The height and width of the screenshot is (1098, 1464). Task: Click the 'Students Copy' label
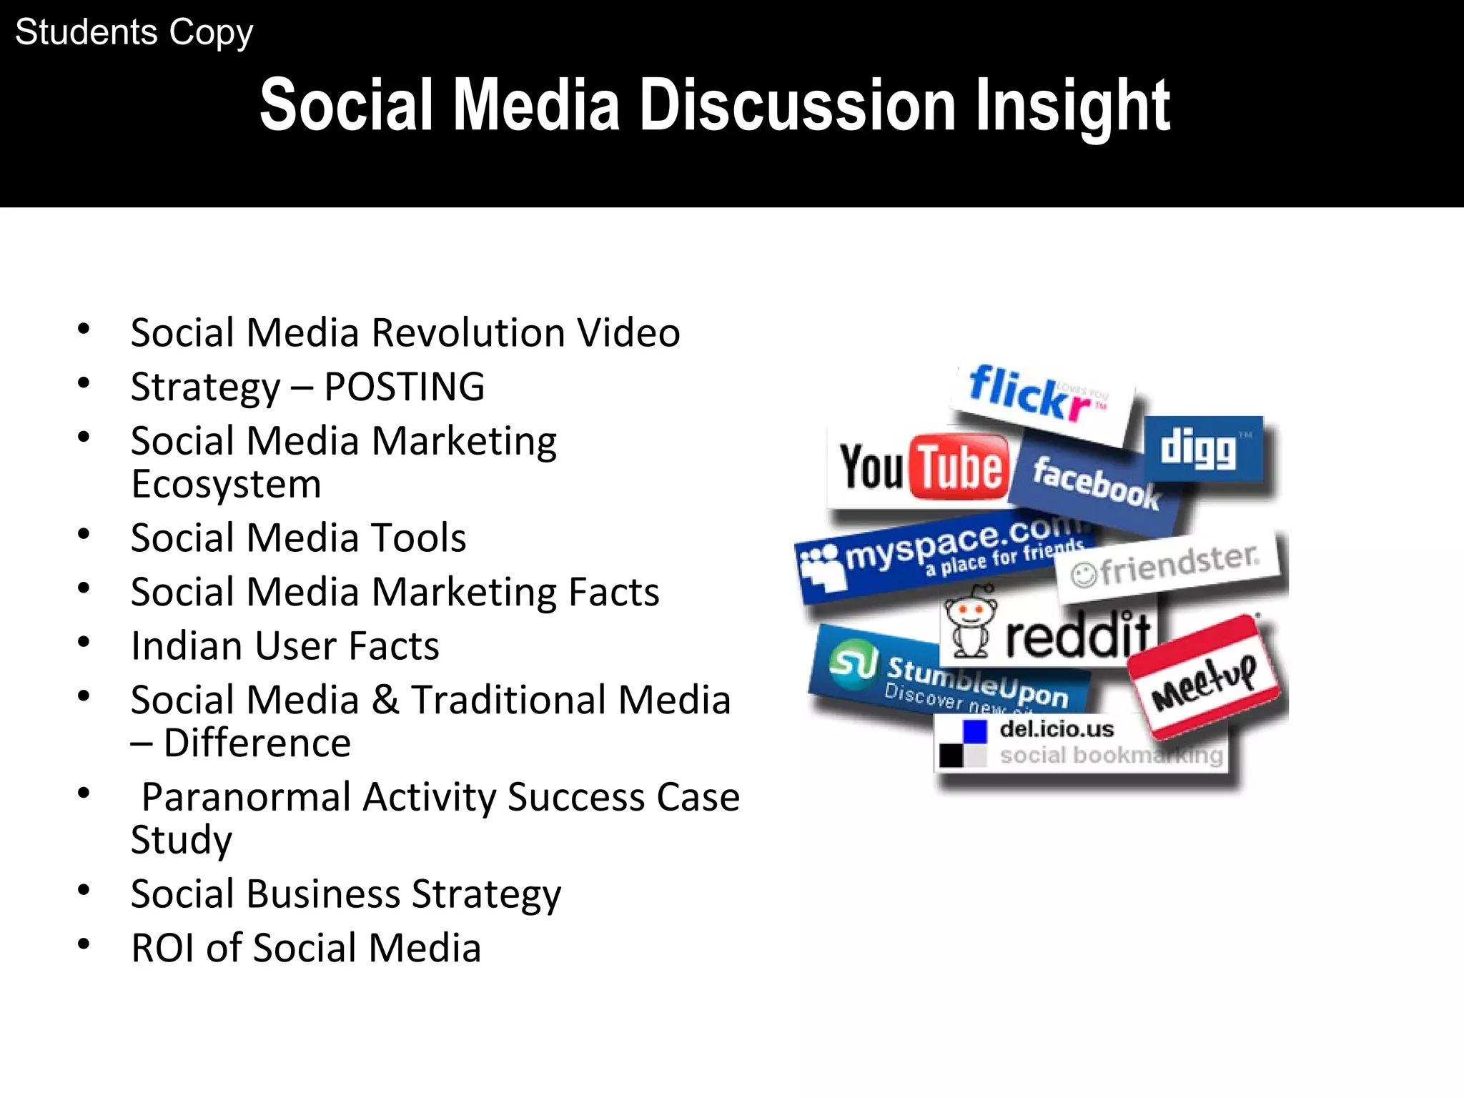(134, 33)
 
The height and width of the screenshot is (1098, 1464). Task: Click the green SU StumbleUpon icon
(853, 663)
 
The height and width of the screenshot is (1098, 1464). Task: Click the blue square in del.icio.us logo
(974, 732)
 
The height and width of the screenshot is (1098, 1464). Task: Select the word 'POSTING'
(404, 387)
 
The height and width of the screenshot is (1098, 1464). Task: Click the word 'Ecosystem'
(226, 484)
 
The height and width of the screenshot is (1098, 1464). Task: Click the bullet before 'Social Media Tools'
(84, 534)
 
